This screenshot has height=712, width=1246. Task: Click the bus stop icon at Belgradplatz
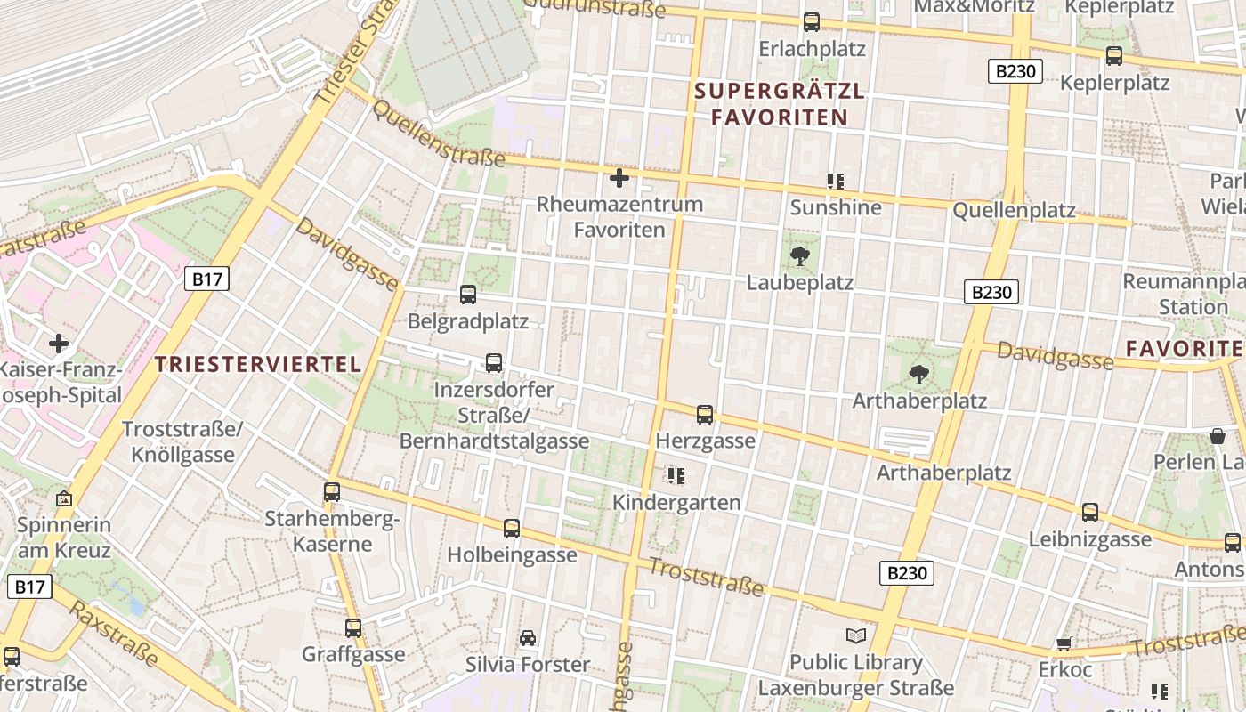468,295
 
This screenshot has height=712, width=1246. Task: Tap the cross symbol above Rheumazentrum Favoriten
619,178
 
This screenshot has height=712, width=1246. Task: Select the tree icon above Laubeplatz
799,257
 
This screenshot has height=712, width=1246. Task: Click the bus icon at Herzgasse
705,414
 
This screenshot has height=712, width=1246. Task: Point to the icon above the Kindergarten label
676,476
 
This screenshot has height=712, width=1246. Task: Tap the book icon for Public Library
856,635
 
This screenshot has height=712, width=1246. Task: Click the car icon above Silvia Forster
528,638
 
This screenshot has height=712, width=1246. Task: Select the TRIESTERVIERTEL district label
258,363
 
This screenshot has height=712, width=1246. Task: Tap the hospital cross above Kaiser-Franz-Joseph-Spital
59,344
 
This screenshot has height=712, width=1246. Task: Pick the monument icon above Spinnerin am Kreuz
64,498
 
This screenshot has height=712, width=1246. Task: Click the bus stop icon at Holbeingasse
512,529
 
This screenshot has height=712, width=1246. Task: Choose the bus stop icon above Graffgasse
353,628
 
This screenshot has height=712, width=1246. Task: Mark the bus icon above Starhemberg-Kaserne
332,491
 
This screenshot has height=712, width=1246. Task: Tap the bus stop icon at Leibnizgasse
1090,513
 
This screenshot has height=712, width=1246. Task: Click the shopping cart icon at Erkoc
1064,643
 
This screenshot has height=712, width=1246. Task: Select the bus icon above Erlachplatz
812,22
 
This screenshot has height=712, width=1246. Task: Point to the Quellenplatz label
1014,211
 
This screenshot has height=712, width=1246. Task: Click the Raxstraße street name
114,635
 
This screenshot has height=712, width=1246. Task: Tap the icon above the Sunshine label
835,182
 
